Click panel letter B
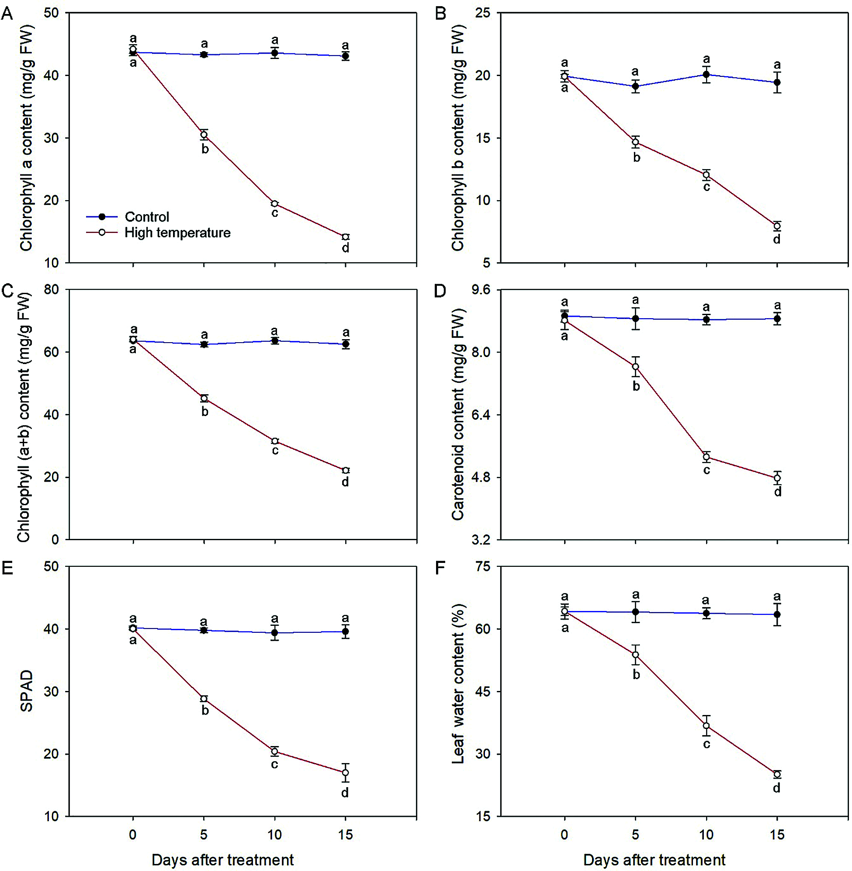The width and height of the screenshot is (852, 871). [x=440, y=14]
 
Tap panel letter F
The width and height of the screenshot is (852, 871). [x=440, y=568]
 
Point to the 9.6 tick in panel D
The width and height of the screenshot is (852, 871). [x=481, y=290]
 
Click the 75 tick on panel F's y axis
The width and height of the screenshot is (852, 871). [x=482, y=567]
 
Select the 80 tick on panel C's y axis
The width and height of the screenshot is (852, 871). [x=52, y=290]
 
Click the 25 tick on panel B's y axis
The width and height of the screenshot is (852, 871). [x=482, y=13]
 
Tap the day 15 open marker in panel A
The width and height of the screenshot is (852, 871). [x=346, y=237]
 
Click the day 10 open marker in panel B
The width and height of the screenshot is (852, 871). [x=707, y=175]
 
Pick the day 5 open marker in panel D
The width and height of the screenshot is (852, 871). [x=635, y=367]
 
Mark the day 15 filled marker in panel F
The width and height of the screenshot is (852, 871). [x=777, y=614]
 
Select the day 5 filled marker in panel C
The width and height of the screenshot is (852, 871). [x=204, y=344]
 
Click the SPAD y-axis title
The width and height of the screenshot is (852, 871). [x=26, y=691]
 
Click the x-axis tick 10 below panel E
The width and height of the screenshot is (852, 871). [x=274, y=834]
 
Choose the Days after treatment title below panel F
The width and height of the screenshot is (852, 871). [x=654, y=860]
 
